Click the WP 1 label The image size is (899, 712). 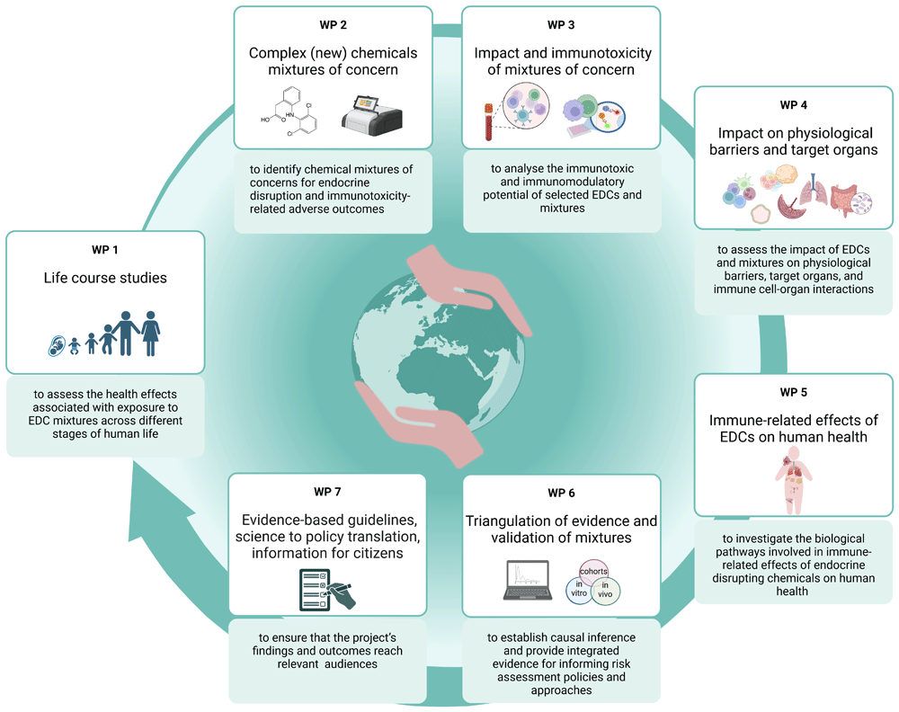(105, 250)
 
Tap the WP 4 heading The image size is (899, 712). (794, 105)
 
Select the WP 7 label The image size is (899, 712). (327, 492)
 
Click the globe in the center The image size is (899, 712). (438, 358)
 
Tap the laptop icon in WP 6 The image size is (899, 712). (528, 580)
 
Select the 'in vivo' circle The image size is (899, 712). (605, 591)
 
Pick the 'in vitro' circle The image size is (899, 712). (579, 591)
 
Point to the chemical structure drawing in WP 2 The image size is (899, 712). (289, 111)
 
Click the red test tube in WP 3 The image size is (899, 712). (488, 121)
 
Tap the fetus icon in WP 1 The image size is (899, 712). (56, 346)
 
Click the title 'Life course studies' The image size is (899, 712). (105, 278)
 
